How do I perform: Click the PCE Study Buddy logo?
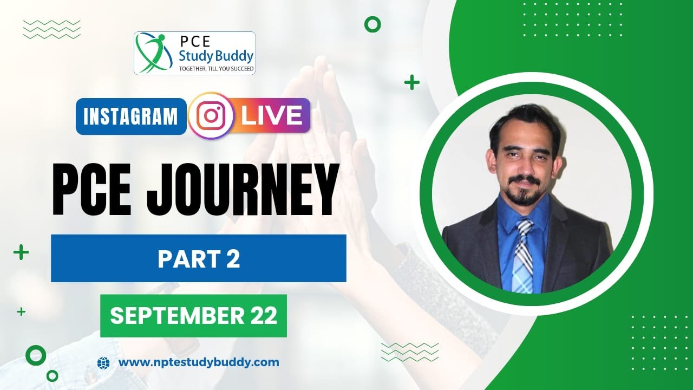194,53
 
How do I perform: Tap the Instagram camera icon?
211,116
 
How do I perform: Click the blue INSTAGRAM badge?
131,116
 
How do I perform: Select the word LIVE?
272,115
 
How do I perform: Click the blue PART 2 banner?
199,258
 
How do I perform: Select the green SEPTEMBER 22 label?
193,316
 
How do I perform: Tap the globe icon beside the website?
103,362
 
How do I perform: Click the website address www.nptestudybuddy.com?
198,362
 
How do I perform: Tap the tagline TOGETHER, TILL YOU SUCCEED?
217,69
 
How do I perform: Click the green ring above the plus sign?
372,24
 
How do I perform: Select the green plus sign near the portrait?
412,82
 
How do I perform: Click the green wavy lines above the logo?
52,29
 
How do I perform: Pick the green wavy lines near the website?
410,352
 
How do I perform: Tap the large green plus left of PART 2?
21,252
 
